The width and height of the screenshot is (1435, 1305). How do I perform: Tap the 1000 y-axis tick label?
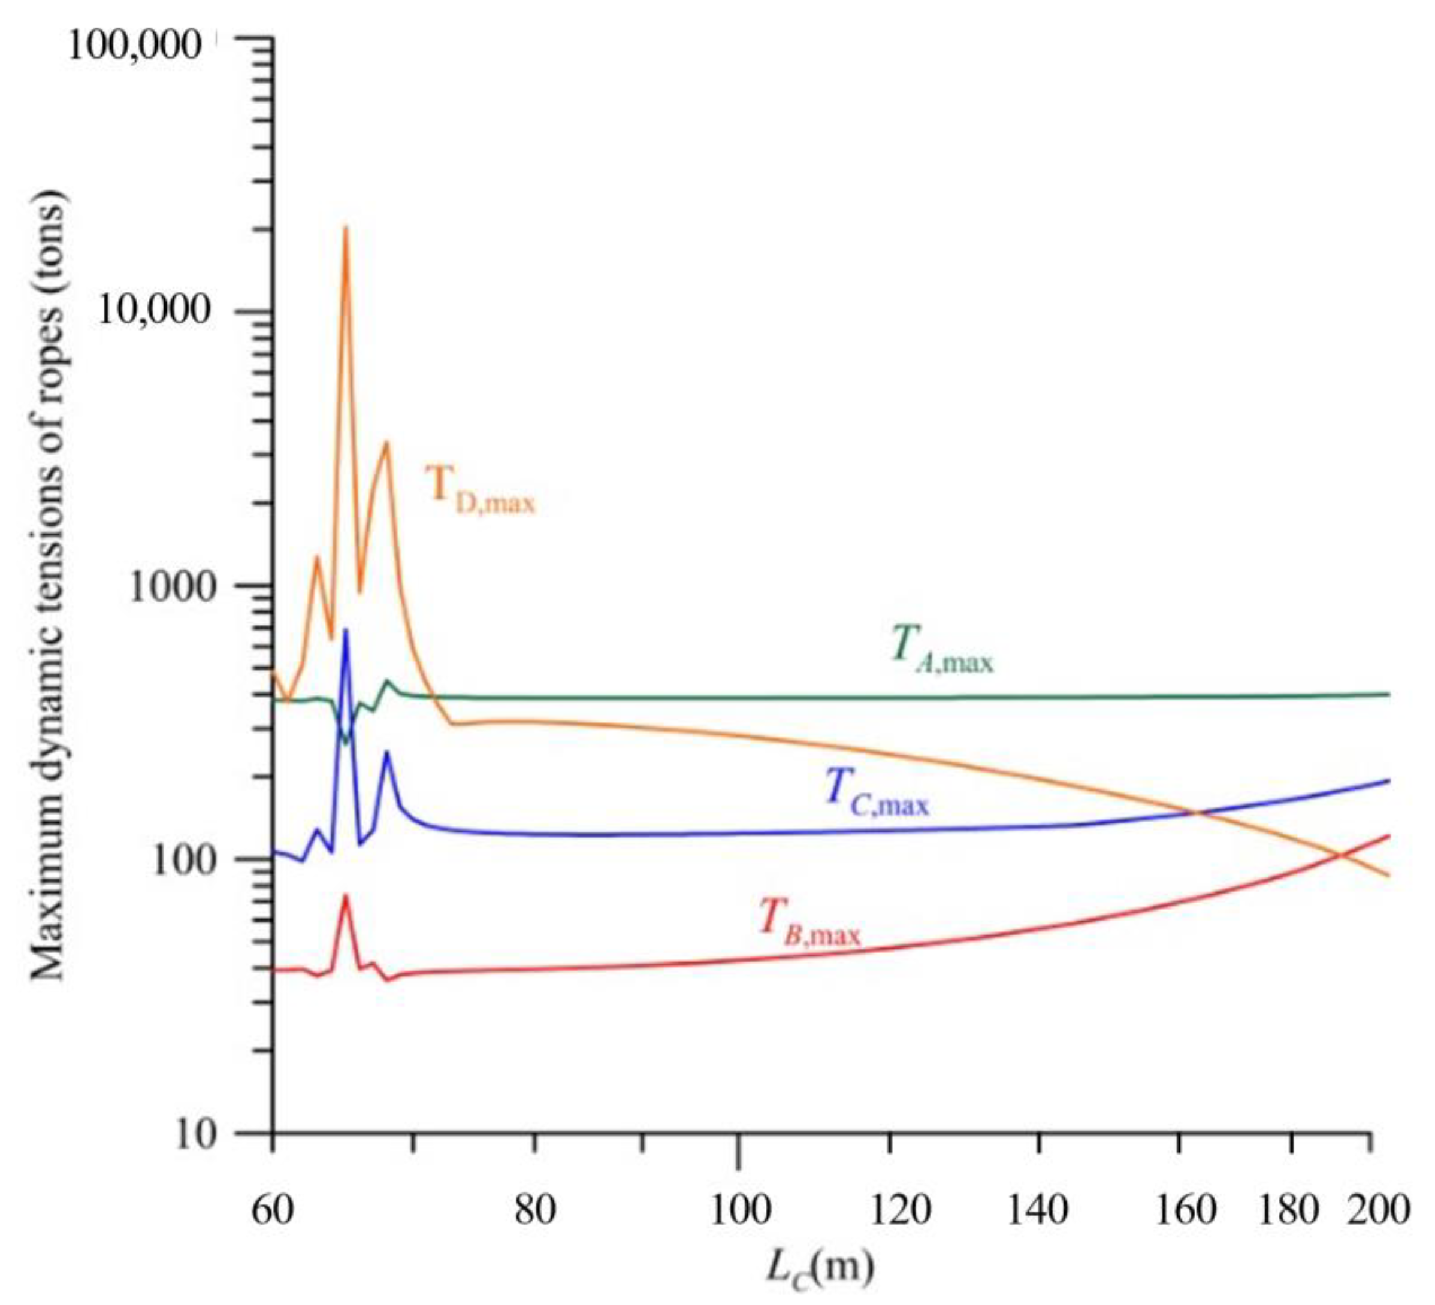coord(174,588)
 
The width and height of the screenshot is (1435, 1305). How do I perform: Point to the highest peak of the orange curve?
coord(346,228)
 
